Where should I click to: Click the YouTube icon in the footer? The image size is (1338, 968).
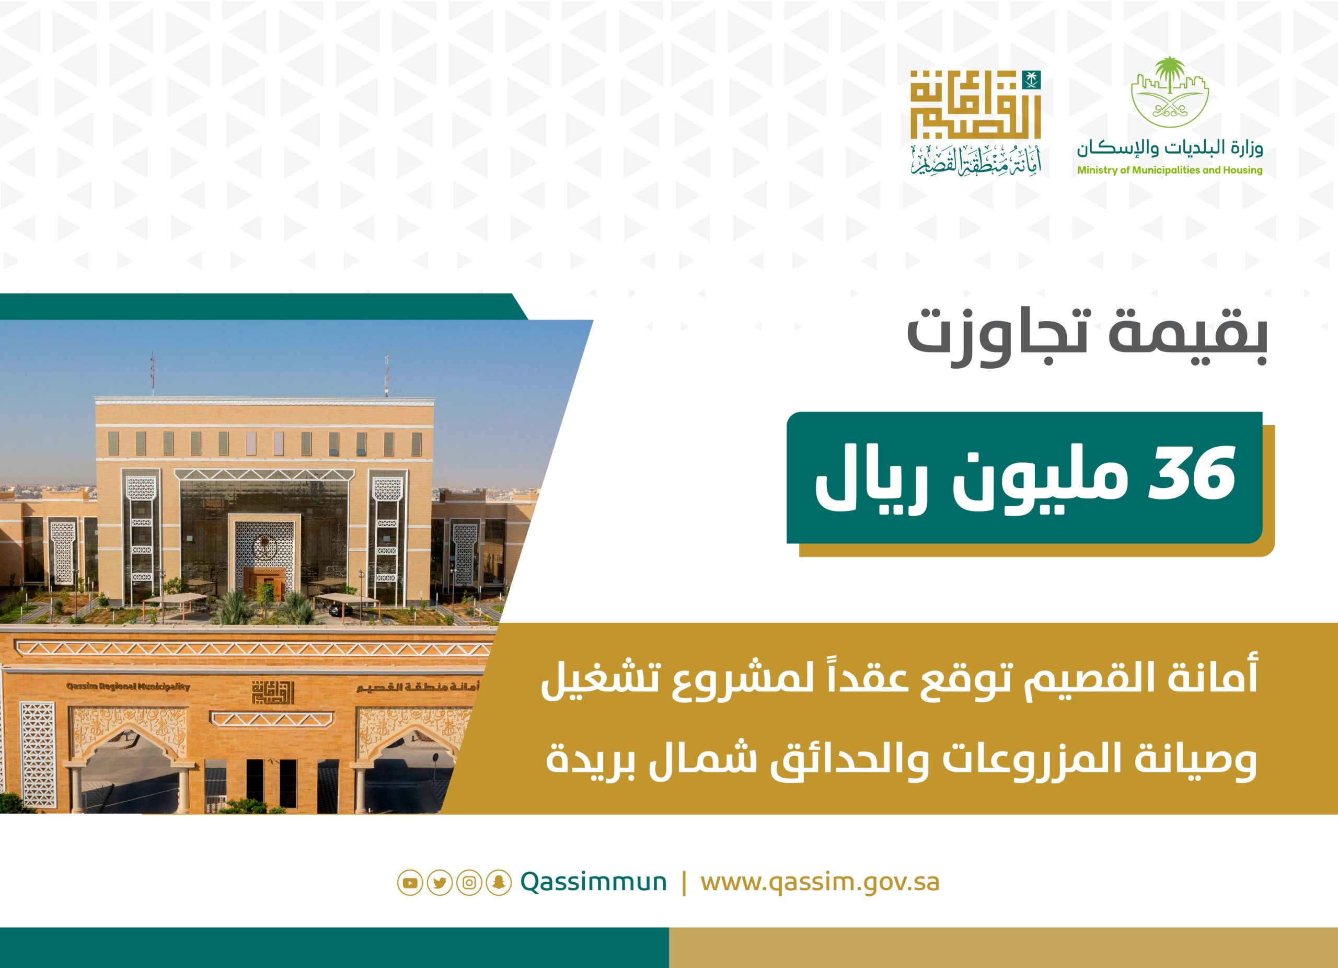410,899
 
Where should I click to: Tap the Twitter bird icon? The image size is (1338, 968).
440,899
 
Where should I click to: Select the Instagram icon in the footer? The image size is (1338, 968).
469,899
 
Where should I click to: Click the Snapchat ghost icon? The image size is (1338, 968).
499,899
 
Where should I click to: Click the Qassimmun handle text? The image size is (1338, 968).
594,899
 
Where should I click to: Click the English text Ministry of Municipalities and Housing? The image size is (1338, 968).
1170,170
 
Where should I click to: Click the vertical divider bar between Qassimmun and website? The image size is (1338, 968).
684,900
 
